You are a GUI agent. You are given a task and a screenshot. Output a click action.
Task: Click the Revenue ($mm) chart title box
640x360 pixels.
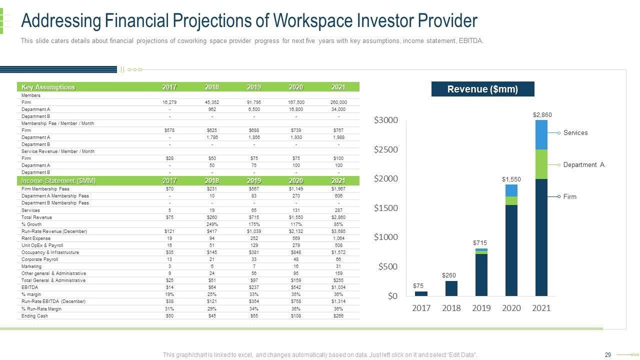point(482,89)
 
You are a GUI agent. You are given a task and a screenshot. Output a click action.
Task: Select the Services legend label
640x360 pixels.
point(575,133)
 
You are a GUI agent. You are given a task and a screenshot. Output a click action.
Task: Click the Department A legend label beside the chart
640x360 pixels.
point(583,165)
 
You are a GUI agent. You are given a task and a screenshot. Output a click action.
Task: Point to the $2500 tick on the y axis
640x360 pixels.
point(386,149)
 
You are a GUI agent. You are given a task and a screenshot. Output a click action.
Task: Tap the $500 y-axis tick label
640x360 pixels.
point(388,266)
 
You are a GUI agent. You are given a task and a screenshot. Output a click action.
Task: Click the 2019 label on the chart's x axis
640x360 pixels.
point(481,308)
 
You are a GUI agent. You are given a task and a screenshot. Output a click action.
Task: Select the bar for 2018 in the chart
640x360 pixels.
point(451,288)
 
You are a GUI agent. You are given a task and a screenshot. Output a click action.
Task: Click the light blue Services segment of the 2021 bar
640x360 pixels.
point(541,135)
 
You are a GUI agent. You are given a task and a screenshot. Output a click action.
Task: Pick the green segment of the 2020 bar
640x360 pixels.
point(511,200)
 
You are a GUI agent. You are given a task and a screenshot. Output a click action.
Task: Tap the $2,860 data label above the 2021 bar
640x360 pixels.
point(542,115)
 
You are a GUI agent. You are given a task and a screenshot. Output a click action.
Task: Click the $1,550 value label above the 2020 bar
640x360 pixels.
point(511,179)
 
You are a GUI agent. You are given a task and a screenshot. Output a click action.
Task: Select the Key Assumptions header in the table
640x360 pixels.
point(48,87)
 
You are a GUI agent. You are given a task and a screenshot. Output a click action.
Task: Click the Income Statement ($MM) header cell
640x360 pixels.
point(58,180)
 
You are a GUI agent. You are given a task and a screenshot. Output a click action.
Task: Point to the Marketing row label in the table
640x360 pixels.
point(31,266)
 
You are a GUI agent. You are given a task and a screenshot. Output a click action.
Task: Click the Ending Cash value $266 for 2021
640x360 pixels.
point(338,315)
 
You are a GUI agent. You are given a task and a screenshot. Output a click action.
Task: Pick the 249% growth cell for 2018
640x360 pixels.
point(211,224)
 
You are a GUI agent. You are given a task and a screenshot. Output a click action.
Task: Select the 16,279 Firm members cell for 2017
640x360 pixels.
point(169,102)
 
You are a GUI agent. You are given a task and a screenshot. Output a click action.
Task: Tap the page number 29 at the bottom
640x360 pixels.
point(608,355)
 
